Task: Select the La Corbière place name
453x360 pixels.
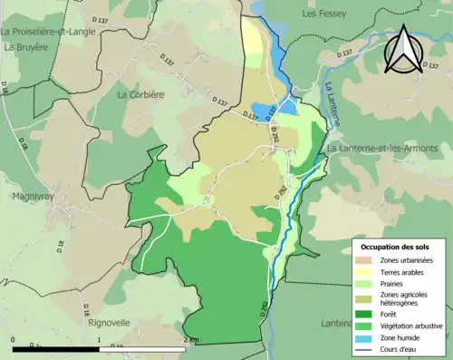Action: coord(141,93)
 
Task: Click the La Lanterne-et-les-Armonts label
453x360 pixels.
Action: coord(382,148)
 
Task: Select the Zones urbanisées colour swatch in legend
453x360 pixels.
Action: coord(366,261)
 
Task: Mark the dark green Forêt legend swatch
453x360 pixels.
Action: coord(366,315)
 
